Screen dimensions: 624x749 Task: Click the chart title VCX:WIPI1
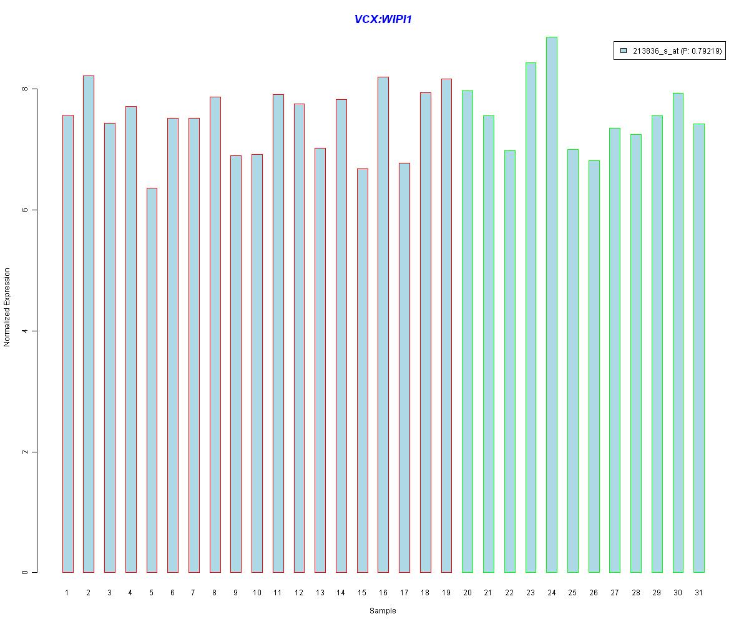(x=383, y=19)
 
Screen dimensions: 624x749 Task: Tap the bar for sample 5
(x=152, y=380)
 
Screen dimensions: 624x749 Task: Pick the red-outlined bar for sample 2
(x=89, y=324)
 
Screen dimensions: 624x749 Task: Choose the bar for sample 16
(x=383, y=324)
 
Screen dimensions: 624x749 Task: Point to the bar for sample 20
(x=468, y=331)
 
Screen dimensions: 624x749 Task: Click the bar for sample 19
(x=446, y=325)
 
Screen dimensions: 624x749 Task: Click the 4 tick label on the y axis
(x=25, y=331)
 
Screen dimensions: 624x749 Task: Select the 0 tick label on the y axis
(x=25, y=572)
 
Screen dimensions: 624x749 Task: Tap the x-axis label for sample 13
(x=320, y=593)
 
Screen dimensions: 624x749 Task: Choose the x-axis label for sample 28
(x=635, y=593)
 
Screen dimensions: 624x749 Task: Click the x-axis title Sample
(x=383, y=611)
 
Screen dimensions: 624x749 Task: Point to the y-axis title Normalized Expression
(x=7, y=307)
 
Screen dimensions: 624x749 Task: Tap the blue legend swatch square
(x=624, y=51)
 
